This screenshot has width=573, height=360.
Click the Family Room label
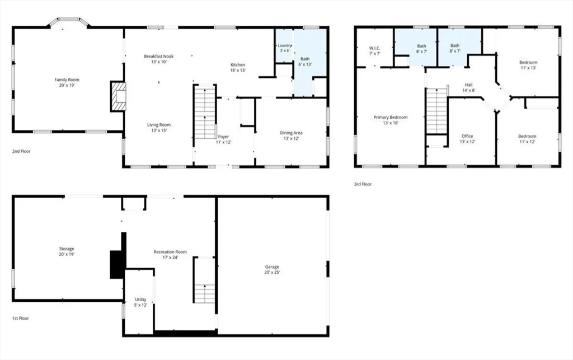(67, 80)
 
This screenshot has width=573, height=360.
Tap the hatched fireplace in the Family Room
(118, 96)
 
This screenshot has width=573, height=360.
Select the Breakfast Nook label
(158, 57)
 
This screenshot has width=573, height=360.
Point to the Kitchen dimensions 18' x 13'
(237, 70)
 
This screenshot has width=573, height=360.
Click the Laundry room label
(285, 45)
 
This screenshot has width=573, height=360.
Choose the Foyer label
(223, 137)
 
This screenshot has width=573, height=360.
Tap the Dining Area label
(291, 133)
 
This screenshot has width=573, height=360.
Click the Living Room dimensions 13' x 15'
(158, 130)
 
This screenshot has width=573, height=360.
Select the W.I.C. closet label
(374, 48)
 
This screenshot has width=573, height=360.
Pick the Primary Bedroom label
(390, 118)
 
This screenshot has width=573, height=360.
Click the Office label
(467, 136)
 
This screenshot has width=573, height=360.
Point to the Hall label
(468, 85)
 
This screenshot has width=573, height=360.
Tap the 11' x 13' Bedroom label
(528, 62)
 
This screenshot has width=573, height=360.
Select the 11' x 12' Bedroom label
(527, 136)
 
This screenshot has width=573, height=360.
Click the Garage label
(272, 267)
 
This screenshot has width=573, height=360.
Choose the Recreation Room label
(170, 252)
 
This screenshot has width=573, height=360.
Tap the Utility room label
(140, 300)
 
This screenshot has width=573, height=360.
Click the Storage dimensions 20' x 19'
(67, 254)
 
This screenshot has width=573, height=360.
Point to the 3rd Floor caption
(363, 184)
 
